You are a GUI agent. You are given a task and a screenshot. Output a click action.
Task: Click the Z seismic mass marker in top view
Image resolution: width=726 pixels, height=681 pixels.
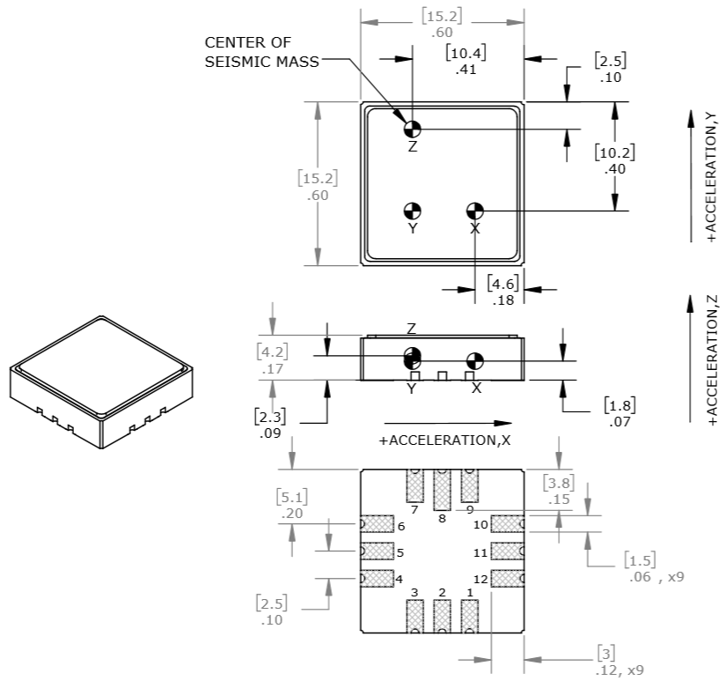(412, 129)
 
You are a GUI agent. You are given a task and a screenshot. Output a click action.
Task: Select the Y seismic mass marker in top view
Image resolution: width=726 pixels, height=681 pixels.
(412, 211)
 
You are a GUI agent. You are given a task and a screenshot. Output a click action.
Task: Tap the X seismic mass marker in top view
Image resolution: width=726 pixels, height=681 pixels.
(474, 211)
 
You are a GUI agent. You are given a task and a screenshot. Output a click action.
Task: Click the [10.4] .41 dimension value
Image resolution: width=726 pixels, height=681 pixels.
(466, 61)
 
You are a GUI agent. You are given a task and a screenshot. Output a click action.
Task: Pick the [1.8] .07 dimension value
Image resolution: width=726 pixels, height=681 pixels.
(619, 413)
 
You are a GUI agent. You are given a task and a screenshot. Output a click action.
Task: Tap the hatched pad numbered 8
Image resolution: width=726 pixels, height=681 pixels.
(442, 489)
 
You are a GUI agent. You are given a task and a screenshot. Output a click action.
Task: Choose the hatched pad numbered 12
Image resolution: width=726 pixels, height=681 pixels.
(506, 579)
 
